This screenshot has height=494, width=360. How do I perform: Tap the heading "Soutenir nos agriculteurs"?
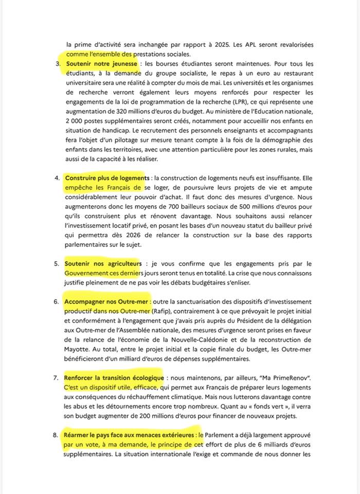(103, 264)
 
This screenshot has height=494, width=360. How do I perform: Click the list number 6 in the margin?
(57, 301)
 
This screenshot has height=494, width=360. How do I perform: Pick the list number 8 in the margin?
(57, 435)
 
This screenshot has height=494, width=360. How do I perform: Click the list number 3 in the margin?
(57, 64)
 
